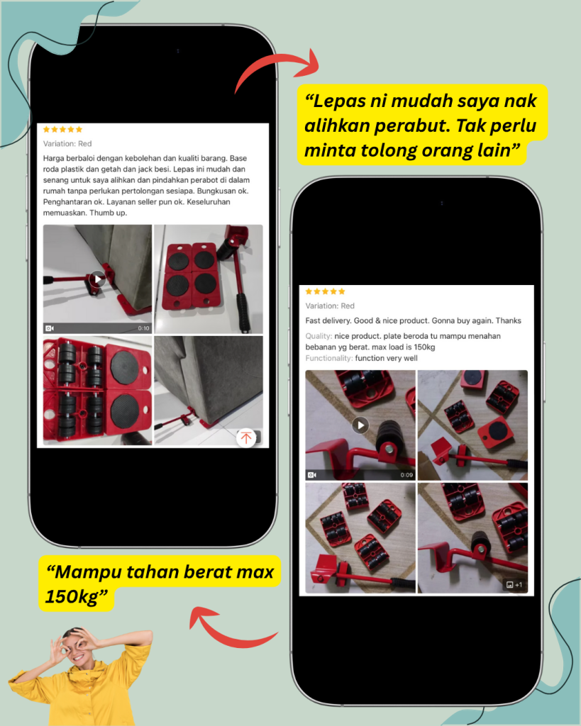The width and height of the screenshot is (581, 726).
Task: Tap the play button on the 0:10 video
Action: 97,279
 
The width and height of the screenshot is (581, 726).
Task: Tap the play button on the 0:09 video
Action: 360,425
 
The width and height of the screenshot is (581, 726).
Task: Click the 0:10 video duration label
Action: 143,328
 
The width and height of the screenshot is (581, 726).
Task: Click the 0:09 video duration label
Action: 406,475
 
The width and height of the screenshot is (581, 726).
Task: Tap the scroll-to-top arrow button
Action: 246,437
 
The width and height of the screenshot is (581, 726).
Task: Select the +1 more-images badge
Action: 514,585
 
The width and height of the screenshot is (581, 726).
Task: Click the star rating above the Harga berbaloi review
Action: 62,129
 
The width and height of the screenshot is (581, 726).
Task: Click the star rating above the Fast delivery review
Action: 325,291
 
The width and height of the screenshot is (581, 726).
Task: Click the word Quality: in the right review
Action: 319,336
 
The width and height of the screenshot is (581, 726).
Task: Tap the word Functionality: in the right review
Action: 329,358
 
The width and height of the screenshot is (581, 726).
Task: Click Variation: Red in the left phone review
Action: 67,143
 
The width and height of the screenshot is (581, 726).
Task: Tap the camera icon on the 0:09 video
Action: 312,475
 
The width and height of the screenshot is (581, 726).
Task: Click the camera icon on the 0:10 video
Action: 50,328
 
